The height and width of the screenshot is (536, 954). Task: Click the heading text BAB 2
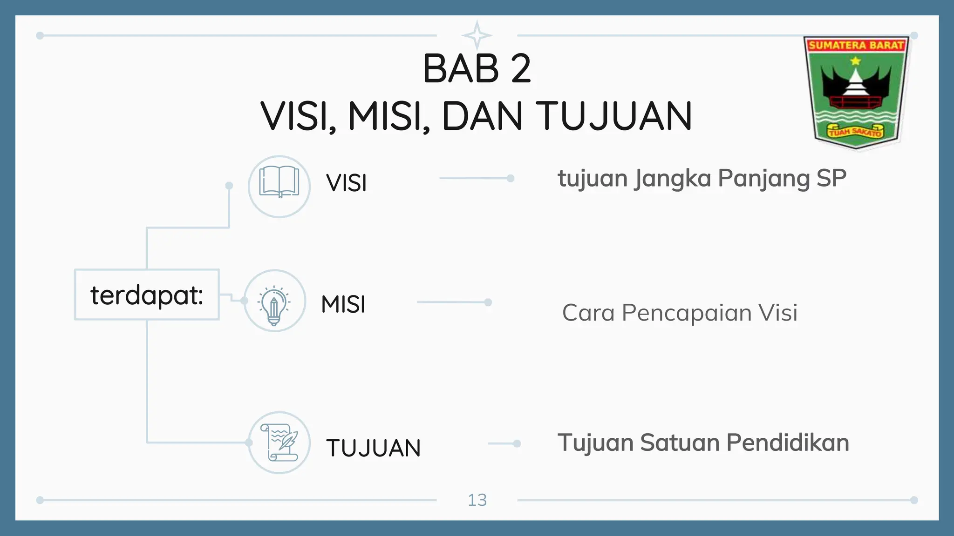[x=477, y=69]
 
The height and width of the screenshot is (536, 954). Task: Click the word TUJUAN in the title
[x=613, y=116]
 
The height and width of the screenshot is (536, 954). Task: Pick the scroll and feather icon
[x=279, y=442]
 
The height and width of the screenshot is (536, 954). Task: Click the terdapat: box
[x=147, y=295]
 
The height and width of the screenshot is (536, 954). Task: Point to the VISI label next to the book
[x=347, y=183]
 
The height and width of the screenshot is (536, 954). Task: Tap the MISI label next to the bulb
[x=343, y=305]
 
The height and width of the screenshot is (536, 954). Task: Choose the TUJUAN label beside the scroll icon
[x=373, y=448]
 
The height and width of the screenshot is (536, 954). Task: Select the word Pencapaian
[x=687, y=313]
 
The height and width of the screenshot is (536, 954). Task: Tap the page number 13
[x=477, y=500]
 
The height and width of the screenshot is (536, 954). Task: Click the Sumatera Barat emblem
[x=856, y=93]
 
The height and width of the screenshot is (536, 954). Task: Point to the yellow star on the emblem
[x=855, y=61]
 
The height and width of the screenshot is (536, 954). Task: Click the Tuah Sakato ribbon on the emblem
[x=855, y=132]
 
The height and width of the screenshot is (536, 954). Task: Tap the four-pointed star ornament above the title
[x=477, y=35]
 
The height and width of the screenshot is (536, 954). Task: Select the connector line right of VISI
[x=475, y=178]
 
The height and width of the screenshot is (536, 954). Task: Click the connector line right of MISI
[x=453, y=302]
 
